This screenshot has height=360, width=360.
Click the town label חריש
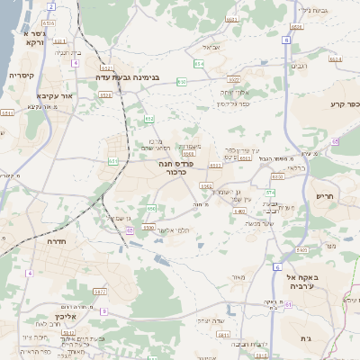tap(324, 195)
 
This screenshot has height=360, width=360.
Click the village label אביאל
tap(211, 47)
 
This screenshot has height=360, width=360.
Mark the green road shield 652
tap(148, 119)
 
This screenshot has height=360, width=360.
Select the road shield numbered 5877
tap(99, 292)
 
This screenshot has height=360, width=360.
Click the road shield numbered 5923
tap(233, 80)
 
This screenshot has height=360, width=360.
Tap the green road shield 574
tap(269, 193)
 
